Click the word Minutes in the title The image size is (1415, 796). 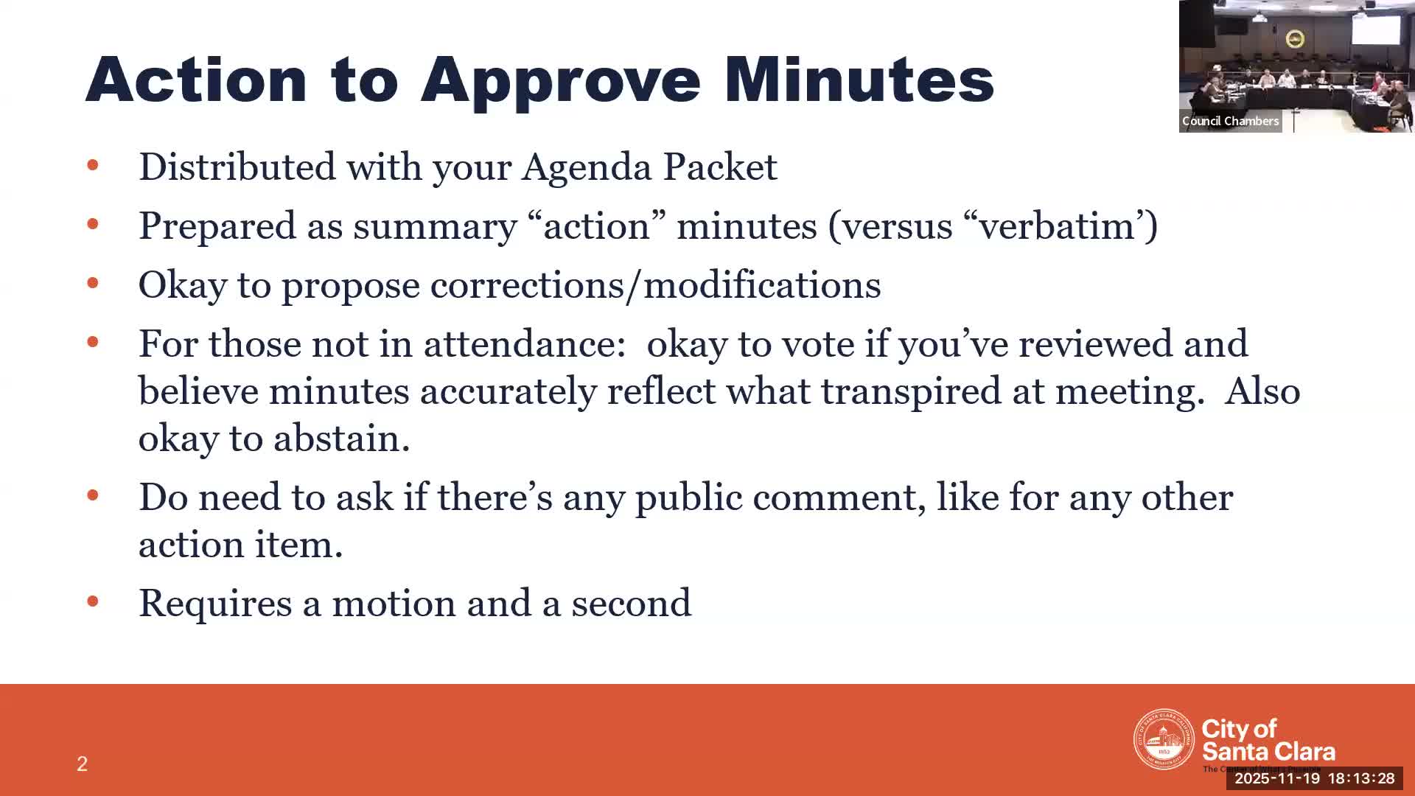[x=859, y=80]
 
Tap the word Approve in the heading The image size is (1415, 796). [x=560, y=81]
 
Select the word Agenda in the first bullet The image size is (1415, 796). [x=587, y=167]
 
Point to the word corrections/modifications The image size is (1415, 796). [x=655, y=285]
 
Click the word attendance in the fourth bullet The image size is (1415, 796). [x=524, y=344]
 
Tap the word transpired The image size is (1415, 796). [x=911, y=391]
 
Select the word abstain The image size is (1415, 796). [x=341, y=439]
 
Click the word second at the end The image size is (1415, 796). [x=631, y=604]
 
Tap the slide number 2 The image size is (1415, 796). [x=82, y=764]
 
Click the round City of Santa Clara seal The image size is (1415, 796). [x=1163, y=739]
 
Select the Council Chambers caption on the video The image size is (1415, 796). [x=1230, y=121]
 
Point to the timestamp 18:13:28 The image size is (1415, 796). [x=1361, y=778]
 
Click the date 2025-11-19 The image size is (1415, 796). [x=1276, y=778]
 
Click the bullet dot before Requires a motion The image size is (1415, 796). [x=93, y=602]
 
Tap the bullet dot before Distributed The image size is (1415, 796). [x=93, y=165]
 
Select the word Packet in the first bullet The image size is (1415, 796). [x=719, y=167]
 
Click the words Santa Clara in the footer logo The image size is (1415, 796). [x=1268, y=752]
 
